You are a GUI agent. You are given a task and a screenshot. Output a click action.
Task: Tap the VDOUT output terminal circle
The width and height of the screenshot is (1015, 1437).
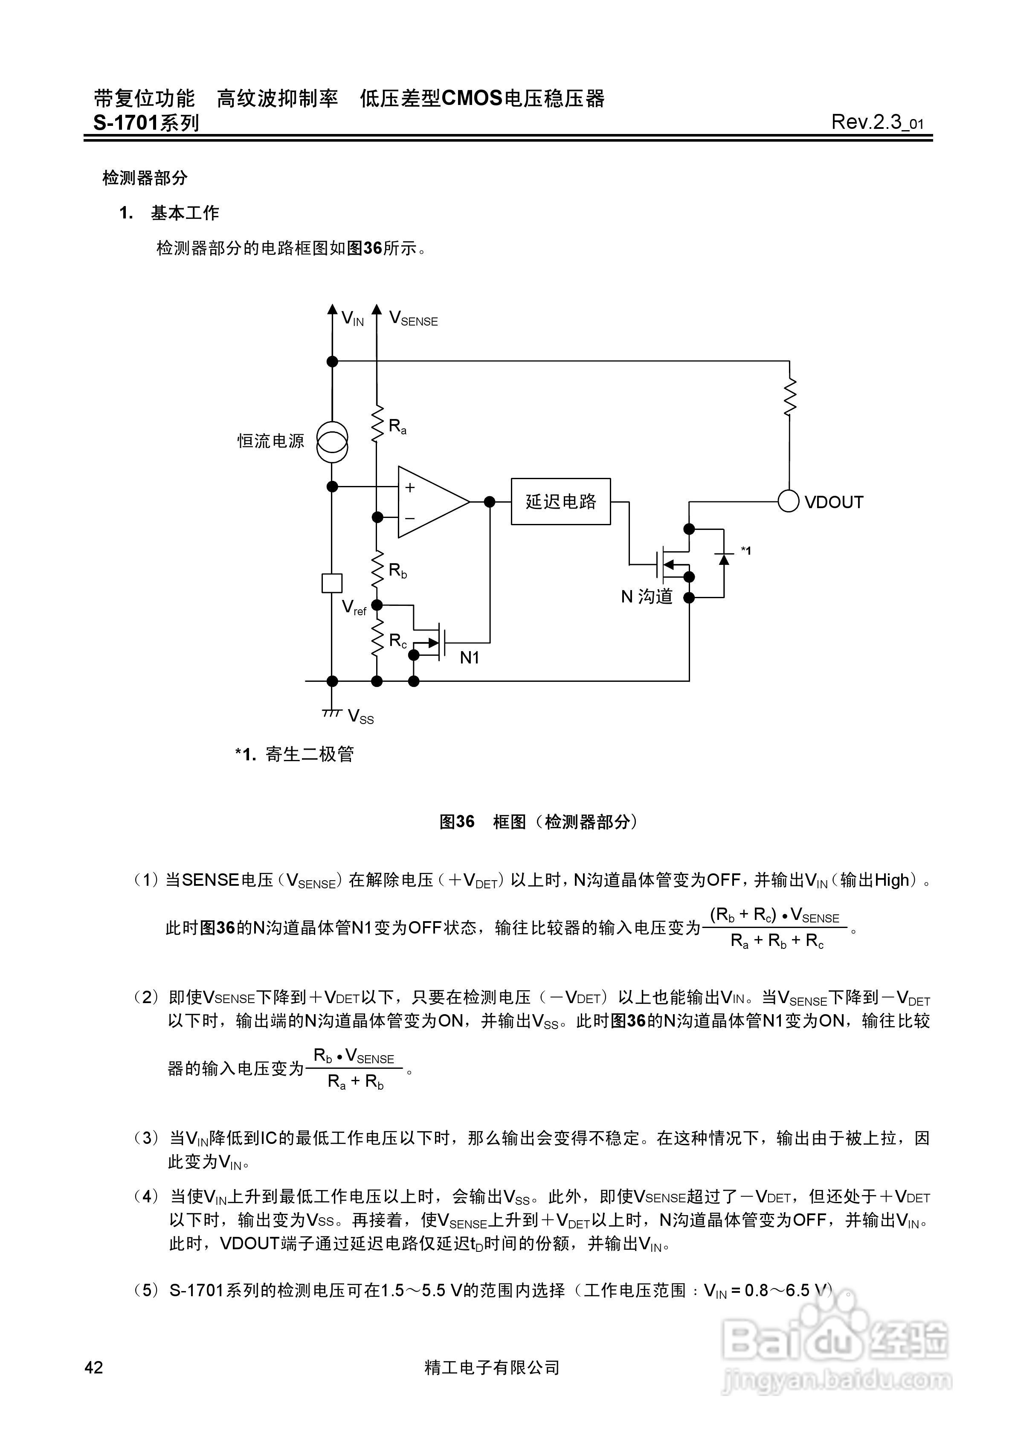pyautogui.click(x=789, y=501)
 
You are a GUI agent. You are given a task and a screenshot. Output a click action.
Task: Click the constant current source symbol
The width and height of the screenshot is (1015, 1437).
pyautogui.click(x=332, y=441)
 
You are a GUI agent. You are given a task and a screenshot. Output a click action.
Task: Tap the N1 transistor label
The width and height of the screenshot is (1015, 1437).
pyautogui.click(x=469, y=657)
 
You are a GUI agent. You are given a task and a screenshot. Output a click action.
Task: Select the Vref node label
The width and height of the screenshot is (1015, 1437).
pyautogui.click(x=354, y=607)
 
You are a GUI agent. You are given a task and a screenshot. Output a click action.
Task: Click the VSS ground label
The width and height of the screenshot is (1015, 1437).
pyautogui.click(x=360, y=716)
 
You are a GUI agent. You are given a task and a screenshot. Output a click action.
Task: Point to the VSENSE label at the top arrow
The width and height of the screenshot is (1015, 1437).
pyautogui.click(x=413, y=319)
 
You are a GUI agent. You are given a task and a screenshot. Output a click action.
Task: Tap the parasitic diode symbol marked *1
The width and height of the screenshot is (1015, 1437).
pyautogui.click(x=724, y=558)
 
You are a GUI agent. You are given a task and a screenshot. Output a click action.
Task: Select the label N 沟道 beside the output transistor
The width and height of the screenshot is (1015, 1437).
pyautogui.click(x=647, y=596)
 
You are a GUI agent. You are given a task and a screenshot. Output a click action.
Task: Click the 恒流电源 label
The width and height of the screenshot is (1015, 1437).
pyautogui.click(x=270, y=441)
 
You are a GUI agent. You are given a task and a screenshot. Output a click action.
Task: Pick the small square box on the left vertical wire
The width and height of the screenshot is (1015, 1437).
pyautogui.click(x=332, y=583)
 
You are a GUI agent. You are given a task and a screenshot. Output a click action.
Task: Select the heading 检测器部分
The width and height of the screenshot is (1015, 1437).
pyautogui.click(x=145, y=178)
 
